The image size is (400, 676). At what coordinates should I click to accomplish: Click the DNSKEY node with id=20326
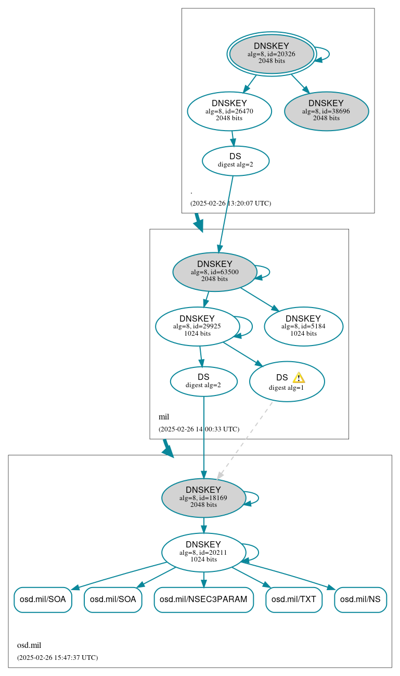click(x=272, y=54)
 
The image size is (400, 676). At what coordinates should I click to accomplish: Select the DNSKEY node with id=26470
click(x=229, y=111)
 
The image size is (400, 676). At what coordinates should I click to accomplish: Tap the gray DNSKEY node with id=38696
click(x=326, y=111)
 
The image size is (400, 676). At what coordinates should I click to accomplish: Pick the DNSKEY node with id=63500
click(x=214, y=272)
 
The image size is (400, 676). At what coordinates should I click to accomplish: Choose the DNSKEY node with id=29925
click(x=197, y=326)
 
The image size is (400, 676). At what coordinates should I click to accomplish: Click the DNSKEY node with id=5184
click(x=303, y=326)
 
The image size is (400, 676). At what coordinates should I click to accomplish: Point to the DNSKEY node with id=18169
click(x=203, y=498)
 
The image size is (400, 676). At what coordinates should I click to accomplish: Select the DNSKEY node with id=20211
click(x=203, y=552)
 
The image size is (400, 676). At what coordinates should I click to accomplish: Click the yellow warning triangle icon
click(x=299, y=378)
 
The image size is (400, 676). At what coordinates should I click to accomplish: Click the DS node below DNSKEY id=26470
click(x=235, y=161)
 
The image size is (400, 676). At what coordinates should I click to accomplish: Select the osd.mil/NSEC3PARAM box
click(x=203, y=600)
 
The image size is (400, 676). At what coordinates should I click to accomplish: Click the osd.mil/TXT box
click(x=294, y=600)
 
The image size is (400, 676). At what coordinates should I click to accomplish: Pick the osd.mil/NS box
click(x=360, y=600)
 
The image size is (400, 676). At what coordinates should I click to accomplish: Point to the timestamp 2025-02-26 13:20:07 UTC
click(x=230, y=203)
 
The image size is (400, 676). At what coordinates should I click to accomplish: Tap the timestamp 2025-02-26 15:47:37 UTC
click(x=57, y=657)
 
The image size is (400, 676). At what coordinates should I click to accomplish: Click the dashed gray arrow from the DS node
click(x=244, y=440)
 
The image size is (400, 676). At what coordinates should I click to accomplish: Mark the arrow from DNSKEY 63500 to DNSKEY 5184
click(x=259, y=299)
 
